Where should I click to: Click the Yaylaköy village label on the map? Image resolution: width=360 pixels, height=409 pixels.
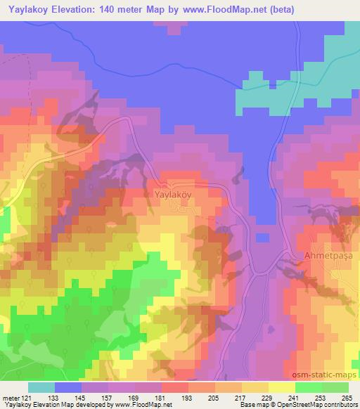pos(171,191)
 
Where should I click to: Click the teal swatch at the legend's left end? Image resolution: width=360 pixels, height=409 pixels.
pos(41,387)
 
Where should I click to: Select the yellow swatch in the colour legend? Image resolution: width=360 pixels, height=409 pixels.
pos(282,387)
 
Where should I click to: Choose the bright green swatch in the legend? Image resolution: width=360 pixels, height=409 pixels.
pos(309,387)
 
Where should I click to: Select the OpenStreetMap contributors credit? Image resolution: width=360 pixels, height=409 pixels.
pos(315,405)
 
